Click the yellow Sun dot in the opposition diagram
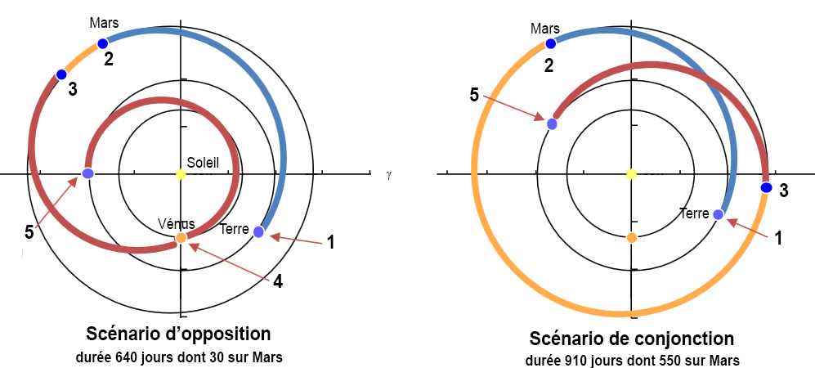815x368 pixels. [181, 174]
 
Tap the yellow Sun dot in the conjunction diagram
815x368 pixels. [631, 174]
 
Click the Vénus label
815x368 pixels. [177, 223]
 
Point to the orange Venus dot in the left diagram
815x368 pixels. [181, 238]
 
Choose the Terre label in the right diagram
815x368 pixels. [693, 213]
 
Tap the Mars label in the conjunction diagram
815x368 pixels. [545, 29]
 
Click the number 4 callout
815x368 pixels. [278, 282]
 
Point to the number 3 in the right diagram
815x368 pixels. [783, 191]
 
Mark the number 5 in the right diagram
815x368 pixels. [475, 96]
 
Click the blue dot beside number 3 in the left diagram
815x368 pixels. [60, 75]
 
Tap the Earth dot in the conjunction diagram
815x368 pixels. [718, 214]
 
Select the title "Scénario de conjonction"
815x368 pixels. [632, 338]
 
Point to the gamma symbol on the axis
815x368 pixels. [391, 174]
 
